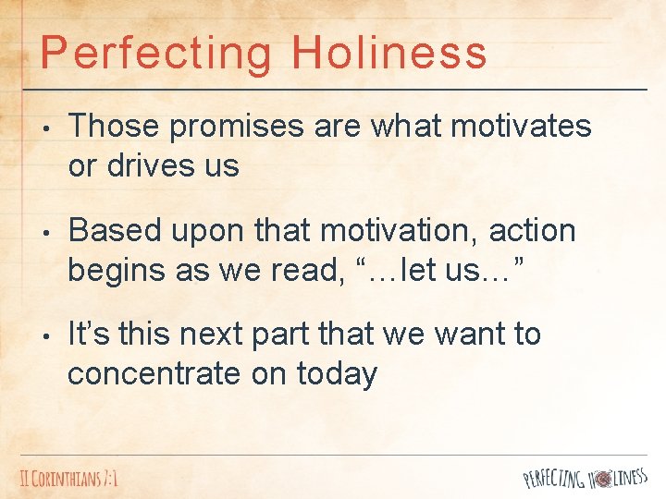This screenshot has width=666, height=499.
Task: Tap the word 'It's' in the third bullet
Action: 90,334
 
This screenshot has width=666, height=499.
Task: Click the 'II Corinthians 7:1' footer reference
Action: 70,479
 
